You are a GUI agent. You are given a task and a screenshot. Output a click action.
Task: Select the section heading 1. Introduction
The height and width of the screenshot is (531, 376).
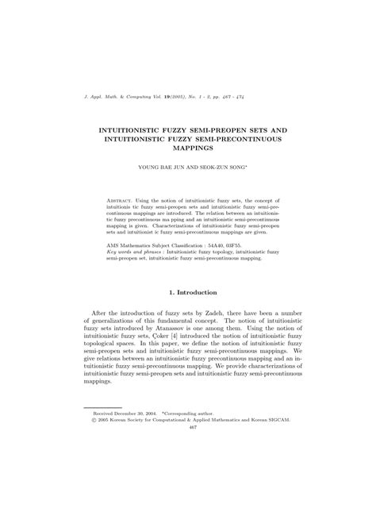click(x=187, y=293)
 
